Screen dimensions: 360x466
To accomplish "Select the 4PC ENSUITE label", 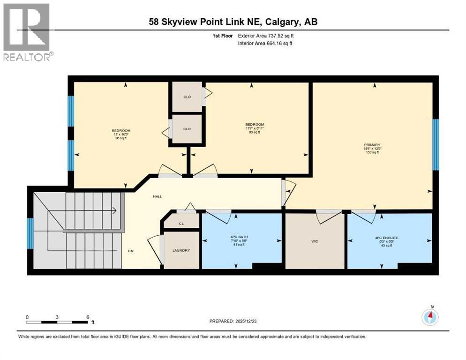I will pos(387,238).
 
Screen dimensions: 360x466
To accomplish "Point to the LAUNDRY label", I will pos(181,250).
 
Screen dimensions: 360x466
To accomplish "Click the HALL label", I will pos(157,196).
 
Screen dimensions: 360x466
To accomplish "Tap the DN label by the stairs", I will pos(131,251).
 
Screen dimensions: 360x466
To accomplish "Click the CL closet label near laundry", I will pos(181,224).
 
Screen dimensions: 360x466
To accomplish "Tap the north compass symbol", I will pos(430,317).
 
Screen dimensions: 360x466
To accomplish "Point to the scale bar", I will pos(57,322).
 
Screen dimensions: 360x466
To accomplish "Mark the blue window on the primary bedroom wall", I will pos(435,144).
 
